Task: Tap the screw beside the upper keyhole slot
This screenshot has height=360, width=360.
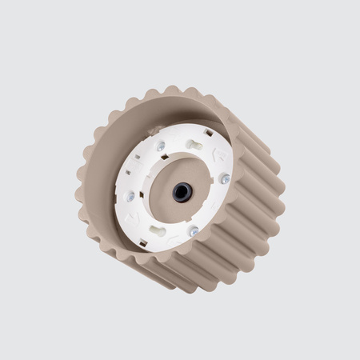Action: click(x=161, y=146)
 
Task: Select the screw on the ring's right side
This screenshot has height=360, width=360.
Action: click(x=225, y=179)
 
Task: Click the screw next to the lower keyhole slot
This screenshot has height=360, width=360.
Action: click(x=194, y=231)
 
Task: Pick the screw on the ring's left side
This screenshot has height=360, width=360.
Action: click(x=130, y=196)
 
